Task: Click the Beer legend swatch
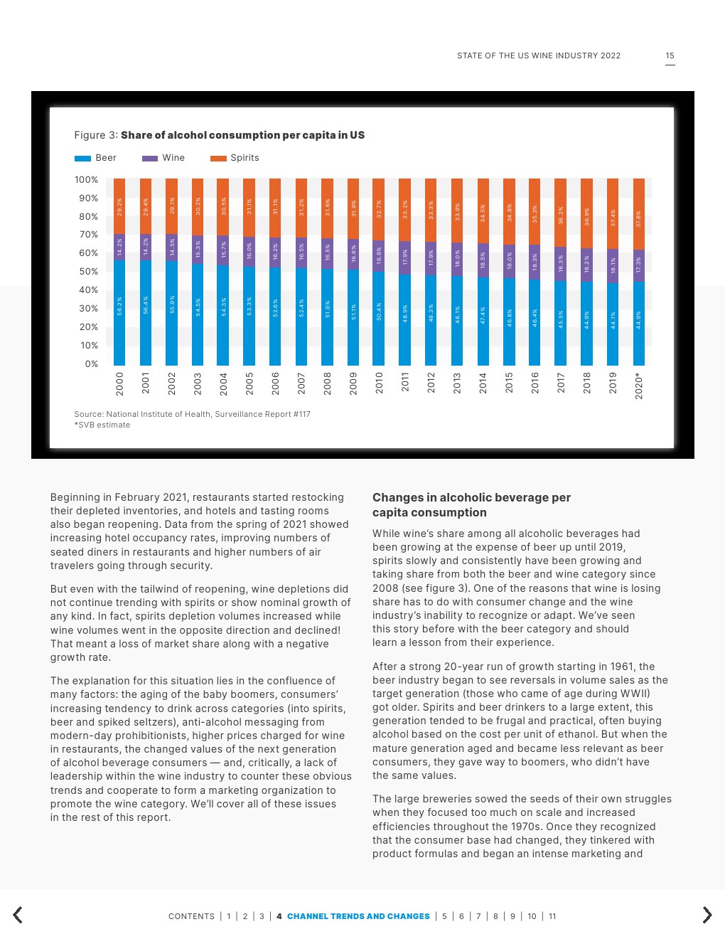82,159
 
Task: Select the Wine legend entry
173,158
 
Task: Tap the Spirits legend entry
245,158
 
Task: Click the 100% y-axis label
87,180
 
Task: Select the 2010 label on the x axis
379,383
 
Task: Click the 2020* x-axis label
639,385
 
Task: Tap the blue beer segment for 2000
119,312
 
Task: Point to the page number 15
670,55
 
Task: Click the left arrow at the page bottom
18,915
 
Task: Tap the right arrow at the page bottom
707,915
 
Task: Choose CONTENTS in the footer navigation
191,916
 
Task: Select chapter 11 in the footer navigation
552,916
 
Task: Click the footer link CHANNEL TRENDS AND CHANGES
358,916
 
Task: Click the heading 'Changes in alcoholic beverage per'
471,498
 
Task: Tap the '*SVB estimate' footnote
102,425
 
